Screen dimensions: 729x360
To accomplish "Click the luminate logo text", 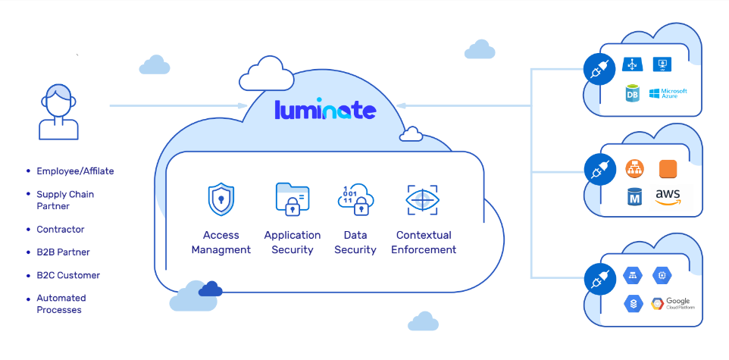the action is [325, 110].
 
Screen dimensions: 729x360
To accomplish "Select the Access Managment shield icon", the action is [221, 199].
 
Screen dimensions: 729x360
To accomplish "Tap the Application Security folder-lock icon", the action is [293, 199].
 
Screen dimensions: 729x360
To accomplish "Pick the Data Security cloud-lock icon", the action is [355, 200].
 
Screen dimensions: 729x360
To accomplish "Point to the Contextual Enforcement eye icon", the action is [423, 200].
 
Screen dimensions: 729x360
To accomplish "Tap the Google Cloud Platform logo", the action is [673, 304].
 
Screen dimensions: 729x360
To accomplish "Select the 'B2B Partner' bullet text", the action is [63, 252].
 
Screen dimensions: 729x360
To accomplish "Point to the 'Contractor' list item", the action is [61, 230].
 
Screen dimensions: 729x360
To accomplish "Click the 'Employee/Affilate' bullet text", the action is [75, 171].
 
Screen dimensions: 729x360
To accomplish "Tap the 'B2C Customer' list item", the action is [68, 275].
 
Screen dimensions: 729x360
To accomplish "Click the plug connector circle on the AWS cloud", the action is [599, 171].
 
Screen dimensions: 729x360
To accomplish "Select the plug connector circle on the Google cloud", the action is [599, 280].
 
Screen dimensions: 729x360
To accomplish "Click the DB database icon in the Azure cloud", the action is [632, 93].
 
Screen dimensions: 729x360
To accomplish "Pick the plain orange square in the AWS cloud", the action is [668, 169].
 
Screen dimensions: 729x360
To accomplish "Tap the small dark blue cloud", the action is [210, 290].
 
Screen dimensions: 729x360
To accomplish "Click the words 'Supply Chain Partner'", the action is [65, 200].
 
